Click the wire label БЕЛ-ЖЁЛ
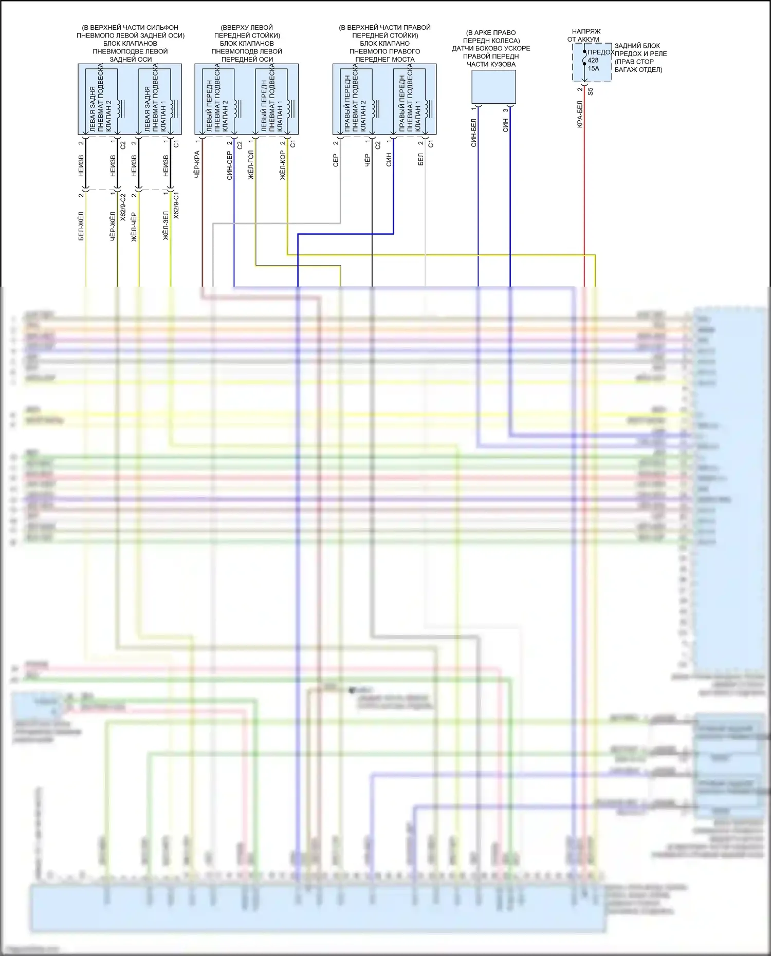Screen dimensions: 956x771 (x=81, y=226)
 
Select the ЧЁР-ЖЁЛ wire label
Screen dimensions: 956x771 (x=113, y=226)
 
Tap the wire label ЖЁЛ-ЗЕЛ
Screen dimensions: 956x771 (x=166, y=226)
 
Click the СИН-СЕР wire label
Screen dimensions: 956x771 (x=229, y=165)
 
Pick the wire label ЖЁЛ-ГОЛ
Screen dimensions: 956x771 (x=251, y=165)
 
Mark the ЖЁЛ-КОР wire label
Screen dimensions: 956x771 (x=283, y=165)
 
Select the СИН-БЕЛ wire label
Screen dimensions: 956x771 (x=473, y=133)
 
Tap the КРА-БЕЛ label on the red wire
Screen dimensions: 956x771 (x=580, y=114)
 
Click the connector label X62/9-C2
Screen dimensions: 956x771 (x=123, y=208)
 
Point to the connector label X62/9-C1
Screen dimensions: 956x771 (x=176, y=206)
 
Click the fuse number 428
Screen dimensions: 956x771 (x=593, y=60)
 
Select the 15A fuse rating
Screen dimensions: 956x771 (x=594, y=68)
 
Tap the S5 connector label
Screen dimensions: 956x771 (x=591, y=91)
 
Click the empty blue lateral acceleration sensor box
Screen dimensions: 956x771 (x=493, y=86)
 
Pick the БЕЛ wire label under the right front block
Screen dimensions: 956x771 (x=420, y=159)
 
